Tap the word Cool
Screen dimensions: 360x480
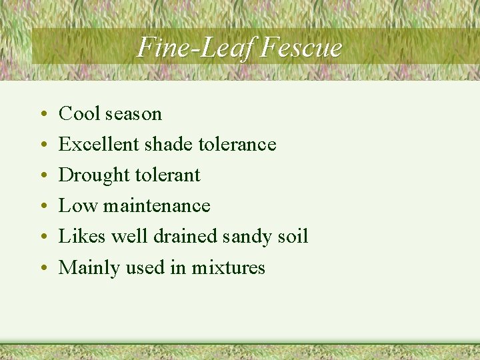click(79, 114)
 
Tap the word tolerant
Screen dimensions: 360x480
click(167, 175)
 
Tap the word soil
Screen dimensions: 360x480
click(293, 237)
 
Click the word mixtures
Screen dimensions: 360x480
click(229, 268)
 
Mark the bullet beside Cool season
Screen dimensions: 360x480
click(43, 115)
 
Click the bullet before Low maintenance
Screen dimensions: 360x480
click(43, 207)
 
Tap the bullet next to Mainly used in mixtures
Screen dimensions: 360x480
click(43, 269)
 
